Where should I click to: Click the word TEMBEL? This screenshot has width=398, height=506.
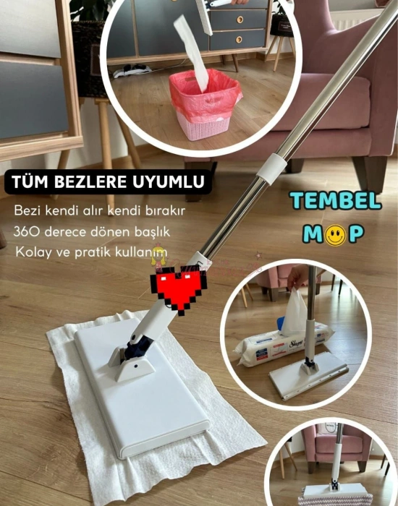tap(336, 201)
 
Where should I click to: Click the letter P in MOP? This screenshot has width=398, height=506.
tap(356, 235)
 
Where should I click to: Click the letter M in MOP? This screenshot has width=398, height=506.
tap(311, 235)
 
